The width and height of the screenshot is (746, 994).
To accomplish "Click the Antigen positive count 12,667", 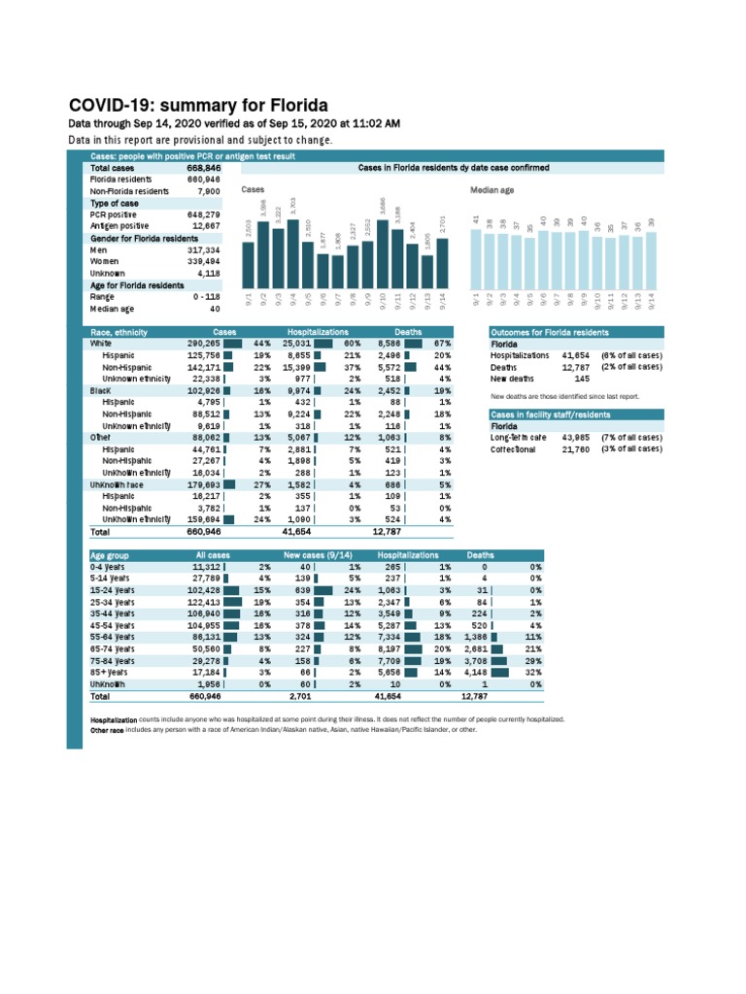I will [206, 225].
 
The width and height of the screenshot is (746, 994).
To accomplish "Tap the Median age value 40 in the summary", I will [215, 308].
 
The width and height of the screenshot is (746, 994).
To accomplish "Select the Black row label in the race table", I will [101, 390].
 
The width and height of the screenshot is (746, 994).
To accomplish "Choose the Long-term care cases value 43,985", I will [576, 438].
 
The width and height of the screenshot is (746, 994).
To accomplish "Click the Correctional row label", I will [513, 449].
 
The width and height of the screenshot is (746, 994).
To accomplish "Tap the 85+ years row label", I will [110, 672].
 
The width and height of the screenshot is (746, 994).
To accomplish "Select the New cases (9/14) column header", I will [317, 554].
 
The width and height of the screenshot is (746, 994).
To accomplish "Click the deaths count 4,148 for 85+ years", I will [476, 672].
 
